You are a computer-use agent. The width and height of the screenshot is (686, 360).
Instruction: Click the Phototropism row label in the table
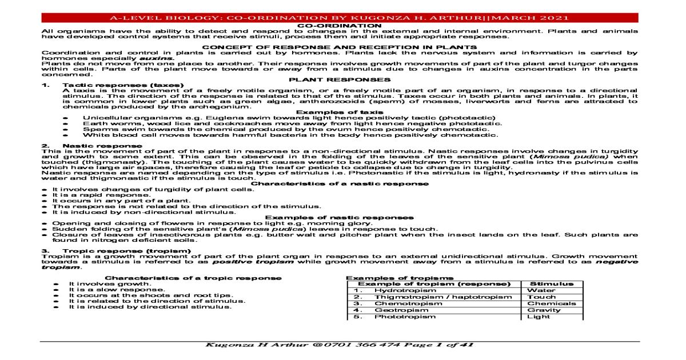point(399,317)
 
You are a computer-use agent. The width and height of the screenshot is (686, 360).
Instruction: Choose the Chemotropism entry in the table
point(401,304)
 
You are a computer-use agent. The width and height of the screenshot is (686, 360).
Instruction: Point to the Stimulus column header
point(552,283)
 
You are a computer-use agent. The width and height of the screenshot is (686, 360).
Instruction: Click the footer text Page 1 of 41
point(437,345)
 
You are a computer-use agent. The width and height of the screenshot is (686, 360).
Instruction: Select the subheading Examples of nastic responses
point(340,218)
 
